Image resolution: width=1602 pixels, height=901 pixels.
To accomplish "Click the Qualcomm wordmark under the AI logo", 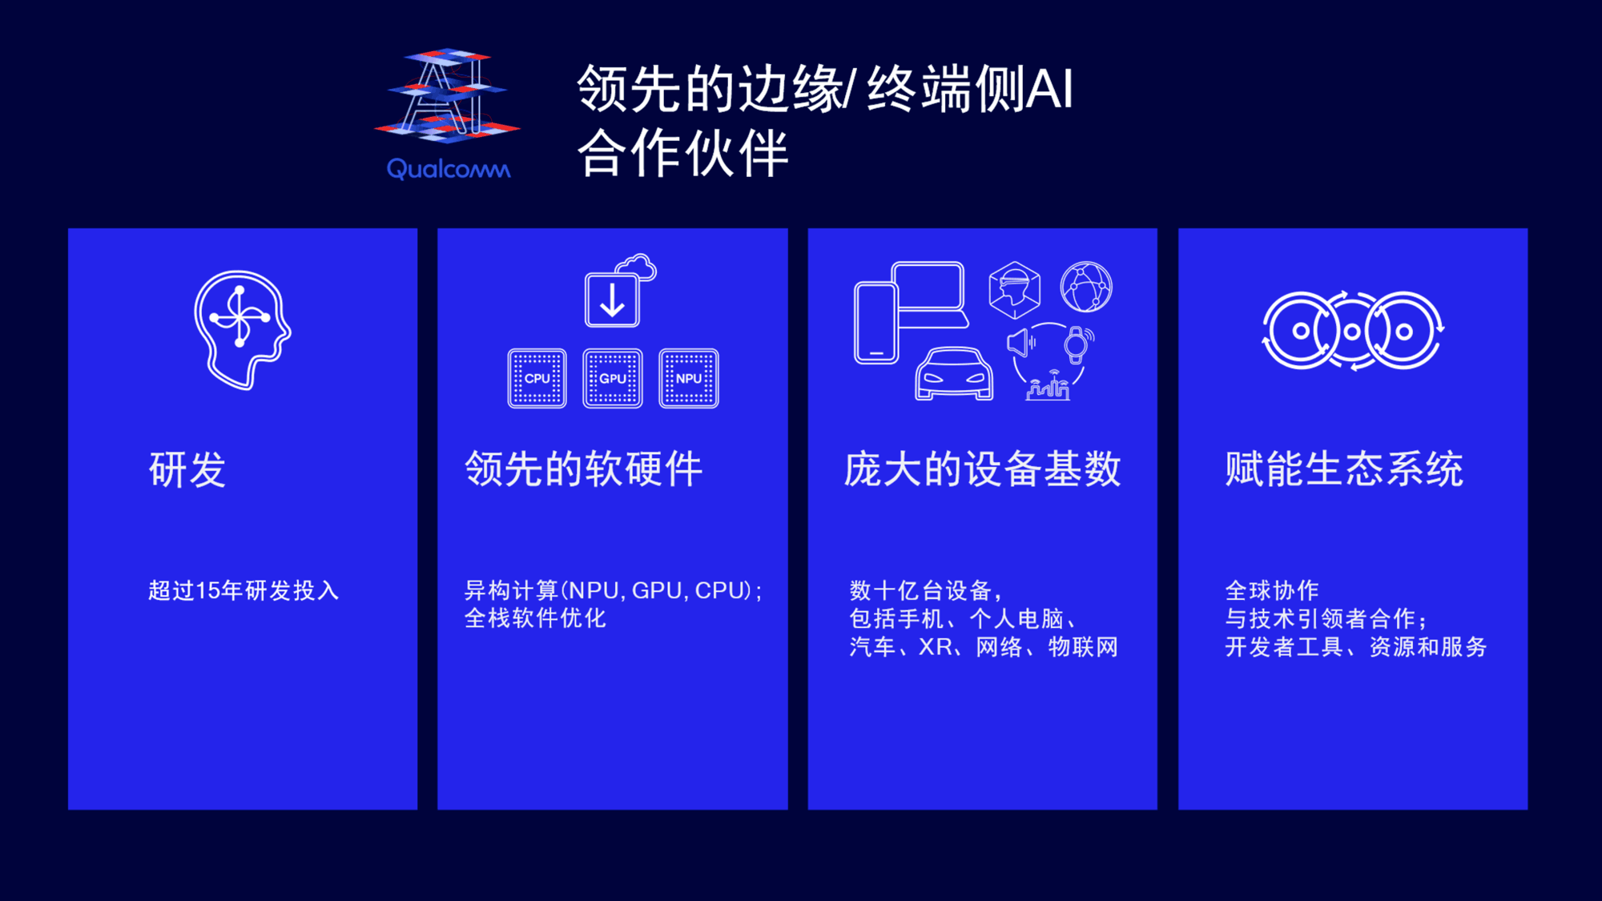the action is (x=449, y=168).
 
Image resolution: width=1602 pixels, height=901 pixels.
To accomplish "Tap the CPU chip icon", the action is (x=537, y=378).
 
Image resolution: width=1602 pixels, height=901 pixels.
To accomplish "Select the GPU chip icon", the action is (x=613, y=378).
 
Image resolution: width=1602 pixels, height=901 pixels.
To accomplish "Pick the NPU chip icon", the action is (x=689, y=378).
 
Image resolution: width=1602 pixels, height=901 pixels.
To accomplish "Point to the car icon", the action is (x=954, y=373).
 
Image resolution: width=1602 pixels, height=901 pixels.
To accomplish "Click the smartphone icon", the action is (x=876, y=323).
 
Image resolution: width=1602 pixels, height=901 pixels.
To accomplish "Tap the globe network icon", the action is (x=1086, y=287).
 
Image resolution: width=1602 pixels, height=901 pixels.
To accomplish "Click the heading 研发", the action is (x=187, y=469).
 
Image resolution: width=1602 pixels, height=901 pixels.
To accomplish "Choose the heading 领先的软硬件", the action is (x=584, y=469).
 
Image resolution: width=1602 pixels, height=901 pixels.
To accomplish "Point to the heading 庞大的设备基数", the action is (x=983, y=469).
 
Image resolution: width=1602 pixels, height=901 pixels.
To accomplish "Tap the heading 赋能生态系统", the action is (x=1344, y=469).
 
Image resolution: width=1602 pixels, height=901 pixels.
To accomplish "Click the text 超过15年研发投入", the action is (x=244, y=591).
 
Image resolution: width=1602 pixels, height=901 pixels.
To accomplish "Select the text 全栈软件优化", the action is (x=535, y=618).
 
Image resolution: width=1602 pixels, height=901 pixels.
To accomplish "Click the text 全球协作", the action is (x=1272, y=591).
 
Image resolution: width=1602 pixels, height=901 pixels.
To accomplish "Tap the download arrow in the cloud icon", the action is (x=613, y=301).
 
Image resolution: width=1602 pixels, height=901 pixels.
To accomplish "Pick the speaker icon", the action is (x=1020, y=343).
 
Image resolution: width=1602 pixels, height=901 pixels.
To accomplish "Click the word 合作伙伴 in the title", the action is (x=683, y=154).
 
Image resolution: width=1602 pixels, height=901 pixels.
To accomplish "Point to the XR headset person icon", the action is (x=1015, y=289).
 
